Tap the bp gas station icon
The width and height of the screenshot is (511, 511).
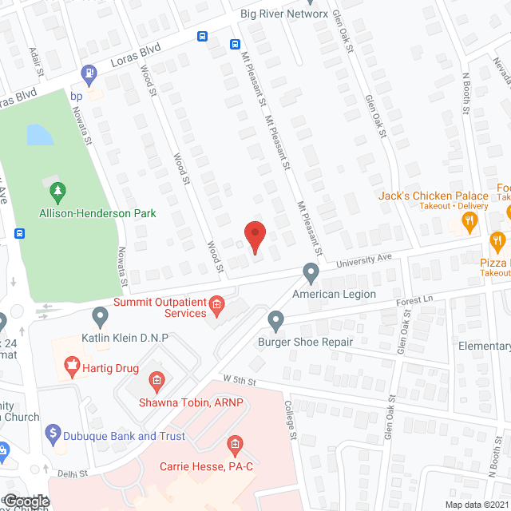point(90,73)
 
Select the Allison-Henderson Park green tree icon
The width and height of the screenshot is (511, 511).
point(57,192)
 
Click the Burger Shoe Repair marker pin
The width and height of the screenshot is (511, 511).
point(275,321)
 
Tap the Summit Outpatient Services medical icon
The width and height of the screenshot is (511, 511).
point(216,304)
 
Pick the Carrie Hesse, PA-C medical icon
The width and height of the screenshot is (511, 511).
point(235,444)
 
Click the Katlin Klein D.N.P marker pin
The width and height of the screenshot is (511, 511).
point(100,317)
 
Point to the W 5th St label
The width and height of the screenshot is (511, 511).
point(244,379)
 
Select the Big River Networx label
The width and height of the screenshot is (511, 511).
point(284,14)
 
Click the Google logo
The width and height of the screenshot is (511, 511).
point(26,501)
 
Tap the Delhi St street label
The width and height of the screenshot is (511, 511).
point(71,473)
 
